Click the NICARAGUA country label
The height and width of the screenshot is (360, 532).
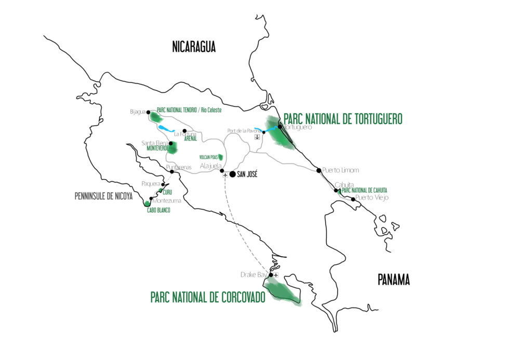coord(194,48)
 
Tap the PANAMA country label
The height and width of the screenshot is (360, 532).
coord(393,280)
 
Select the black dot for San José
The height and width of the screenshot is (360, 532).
coord(232,175)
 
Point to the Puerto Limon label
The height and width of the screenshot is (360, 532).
coord(340,170)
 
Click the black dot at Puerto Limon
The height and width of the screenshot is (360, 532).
coord(318,170)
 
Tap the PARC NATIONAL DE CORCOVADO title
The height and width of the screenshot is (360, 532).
coord(208,297)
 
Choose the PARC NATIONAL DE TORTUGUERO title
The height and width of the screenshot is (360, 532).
coord(343,119)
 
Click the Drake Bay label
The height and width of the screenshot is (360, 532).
coord(254,274)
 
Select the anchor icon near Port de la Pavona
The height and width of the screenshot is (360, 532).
coord(257,138)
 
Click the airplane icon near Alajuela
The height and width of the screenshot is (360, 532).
coord(225,175)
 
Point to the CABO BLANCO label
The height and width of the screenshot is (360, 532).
coord(157,210)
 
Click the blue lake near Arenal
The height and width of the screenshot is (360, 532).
coord(165,128)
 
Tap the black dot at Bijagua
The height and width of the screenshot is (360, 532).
coord(148,112)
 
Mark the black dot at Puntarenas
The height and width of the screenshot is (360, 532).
coord(172,171)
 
